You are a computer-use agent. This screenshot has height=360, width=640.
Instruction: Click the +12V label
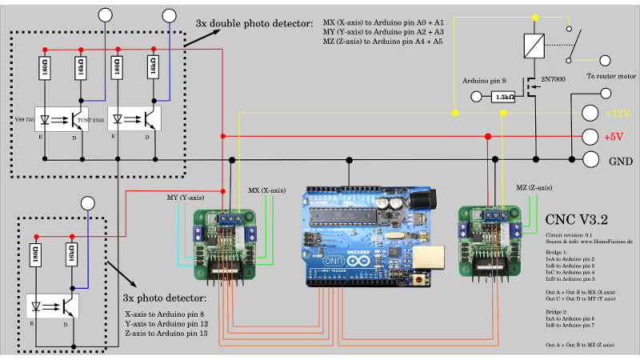[x=618, y=114]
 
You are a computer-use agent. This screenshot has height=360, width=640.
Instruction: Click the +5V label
[x=614, y=137]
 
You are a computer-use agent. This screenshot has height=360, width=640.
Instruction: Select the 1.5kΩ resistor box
[x=505, y=97]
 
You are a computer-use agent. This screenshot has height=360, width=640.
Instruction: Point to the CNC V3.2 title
[x=576, y=218]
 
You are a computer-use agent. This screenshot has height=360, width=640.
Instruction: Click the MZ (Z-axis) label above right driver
[x=534, y=187]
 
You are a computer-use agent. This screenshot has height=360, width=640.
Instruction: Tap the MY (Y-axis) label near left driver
[x=184, y=197]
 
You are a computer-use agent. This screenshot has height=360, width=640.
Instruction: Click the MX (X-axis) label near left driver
[x=266, y=190]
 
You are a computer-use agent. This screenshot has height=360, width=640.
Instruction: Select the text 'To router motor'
[x=610, y=77]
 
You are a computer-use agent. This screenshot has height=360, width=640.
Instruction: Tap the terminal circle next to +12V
[x=591, y=114]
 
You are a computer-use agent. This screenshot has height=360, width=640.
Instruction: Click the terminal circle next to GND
[x=591, y=159]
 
